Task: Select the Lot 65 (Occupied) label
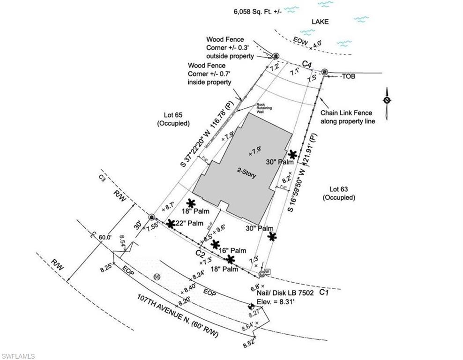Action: [173, 120]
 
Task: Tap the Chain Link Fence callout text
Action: [346, 117]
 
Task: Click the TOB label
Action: [347, 75]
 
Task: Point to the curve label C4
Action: [307, 63]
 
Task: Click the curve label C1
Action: [323, 292]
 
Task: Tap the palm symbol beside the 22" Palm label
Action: [171, 224]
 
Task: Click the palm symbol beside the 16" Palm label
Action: [216, 244]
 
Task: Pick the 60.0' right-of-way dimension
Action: [105, 237]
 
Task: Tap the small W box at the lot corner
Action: [268, 271]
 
